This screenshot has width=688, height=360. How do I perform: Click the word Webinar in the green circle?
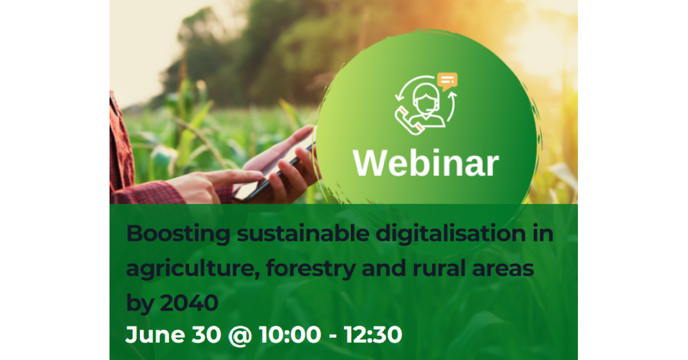[426, 163]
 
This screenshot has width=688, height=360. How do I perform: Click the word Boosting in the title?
[178, 234]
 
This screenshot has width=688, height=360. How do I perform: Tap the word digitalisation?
[451, 234]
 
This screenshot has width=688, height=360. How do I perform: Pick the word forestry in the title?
[311, 268]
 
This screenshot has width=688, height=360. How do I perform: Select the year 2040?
[189, 303]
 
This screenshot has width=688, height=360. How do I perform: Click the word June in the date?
[155, 334]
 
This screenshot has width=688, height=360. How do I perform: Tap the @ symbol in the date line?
[240, 335]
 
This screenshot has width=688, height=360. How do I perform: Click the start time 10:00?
[290, 334]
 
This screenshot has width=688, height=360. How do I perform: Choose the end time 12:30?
[373, 334]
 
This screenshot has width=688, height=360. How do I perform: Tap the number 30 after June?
[206, 334]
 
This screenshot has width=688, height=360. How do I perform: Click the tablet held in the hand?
[273, 172]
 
